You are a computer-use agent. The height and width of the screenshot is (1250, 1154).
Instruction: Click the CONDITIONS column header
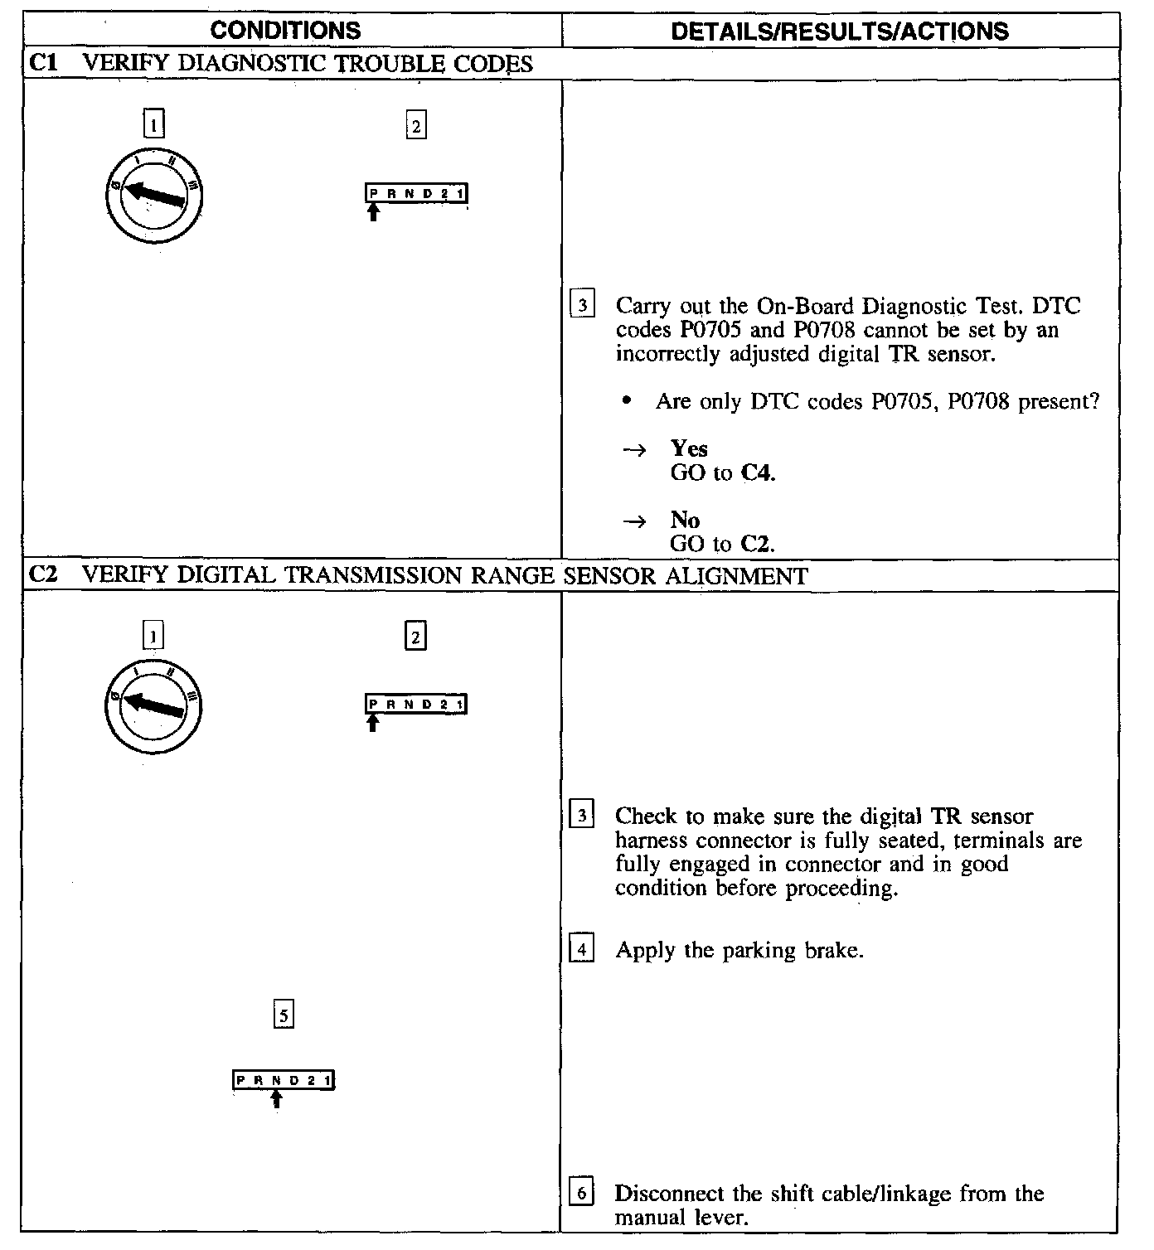(285, 31)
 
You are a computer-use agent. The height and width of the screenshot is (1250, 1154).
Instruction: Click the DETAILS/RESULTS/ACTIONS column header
(839, 31)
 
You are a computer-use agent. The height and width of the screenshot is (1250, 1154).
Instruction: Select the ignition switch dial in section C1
(154, 196)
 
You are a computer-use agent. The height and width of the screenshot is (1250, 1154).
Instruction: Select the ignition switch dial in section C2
(153, 706)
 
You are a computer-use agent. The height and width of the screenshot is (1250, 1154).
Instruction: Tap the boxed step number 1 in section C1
(154, 125)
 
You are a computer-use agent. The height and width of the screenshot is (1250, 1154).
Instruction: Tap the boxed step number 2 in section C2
(415, 636)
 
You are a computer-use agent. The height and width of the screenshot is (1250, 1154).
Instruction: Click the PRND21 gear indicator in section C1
(416, 194)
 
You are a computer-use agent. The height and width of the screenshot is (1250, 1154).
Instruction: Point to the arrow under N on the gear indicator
(277, 1099)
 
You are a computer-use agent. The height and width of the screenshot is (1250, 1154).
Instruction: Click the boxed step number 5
(284, 1015)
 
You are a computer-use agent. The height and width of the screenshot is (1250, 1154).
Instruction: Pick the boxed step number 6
(582, 1194)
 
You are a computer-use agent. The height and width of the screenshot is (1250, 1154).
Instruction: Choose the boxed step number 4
(582, 950)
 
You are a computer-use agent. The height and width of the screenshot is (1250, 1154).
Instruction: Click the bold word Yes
(689, 449)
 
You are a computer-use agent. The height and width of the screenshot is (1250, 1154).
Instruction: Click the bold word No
(685, 521)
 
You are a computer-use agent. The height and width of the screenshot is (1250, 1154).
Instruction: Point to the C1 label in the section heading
(43, 64)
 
